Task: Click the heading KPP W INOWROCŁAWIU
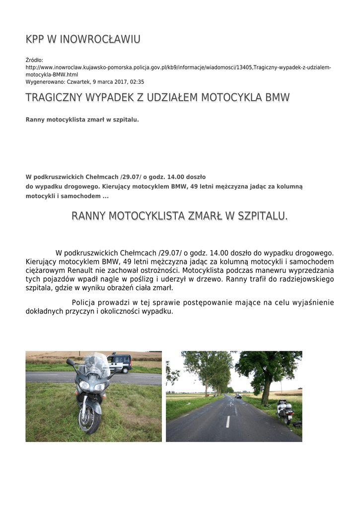point(83,39)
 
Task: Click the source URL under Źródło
point(178,67)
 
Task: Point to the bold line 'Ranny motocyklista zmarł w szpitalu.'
point(82,120)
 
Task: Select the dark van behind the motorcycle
point(120,363)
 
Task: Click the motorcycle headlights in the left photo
point(92,385)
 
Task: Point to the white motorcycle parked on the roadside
point(284,410)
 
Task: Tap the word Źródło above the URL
point(34,60)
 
